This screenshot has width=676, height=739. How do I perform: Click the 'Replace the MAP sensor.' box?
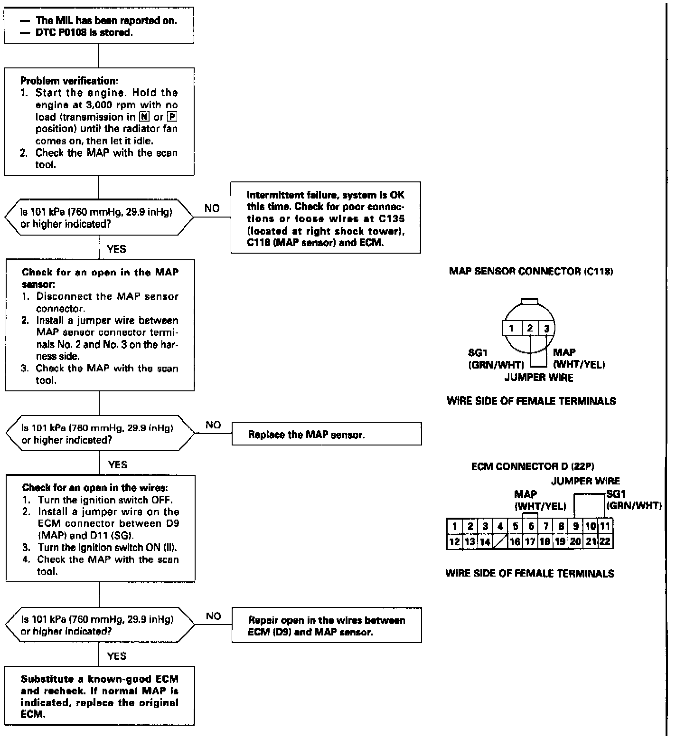click(x=326, y=434)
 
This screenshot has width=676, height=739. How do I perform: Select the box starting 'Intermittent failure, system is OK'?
click(x=326, y=218)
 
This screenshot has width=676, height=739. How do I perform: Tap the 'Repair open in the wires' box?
click(x=326, y=625)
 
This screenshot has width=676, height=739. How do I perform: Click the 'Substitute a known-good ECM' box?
click(x=100, y=696)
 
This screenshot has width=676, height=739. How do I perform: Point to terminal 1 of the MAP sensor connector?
click(x=511, y=328)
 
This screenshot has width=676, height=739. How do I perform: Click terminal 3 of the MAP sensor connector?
click(x=546, y=328)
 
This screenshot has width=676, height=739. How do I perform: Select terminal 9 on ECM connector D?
click(x=575, y=526)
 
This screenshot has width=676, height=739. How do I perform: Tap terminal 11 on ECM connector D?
click(x=605, y=526)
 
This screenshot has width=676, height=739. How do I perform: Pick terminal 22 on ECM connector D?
click(x=605, y=541)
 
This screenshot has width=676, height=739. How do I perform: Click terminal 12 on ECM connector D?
click(x=454, y=541)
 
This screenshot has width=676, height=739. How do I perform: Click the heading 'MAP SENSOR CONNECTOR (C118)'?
click(x=531, y=272)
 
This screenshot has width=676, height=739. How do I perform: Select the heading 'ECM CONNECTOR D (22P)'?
click(x=533, y=467)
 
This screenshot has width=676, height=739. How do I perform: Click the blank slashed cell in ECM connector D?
click(x=500, y=541)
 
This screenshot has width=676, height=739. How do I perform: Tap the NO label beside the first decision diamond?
click(x=212, y=208)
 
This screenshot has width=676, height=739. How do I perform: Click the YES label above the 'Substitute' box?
click(x=117, y=656)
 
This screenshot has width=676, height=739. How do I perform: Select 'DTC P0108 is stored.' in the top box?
click(x=84, y=33)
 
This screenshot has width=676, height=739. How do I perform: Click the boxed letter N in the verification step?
click(x=144, y=117)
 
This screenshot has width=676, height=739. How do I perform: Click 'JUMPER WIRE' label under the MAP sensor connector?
click(x=538, y=378)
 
